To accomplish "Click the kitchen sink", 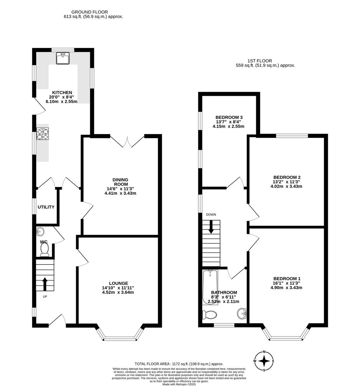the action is click(63, 58).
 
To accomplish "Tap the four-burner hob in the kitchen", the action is click(43, 134).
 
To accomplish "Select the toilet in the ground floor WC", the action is click(44, 249).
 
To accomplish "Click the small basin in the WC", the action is click(40, 231).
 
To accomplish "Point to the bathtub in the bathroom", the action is click(210, 287).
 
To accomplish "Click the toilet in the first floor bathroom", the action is click(209, 315).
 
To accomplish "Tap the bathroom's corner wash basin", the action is click(242, 314).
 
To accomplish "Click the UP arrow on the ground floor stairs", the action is click(45, 284).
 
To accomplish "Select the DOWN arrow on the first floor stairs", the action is click(211, 227).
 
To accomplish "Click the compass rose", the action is click(264, 361).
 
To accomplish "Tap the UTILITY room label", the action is click(46, 207).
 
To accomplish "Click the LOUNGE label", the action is click(118, 283).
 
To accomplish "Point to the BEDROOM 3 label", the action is click(227, 118).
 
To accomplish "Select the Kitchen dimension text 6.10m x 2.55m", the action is click(62, 102).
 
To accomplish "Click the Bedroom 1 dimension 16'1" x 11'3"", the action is click(286, 283).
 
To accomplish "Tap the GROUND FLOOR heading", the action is click(89, 12).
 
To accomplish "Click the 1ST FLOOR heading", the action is click(260, 60).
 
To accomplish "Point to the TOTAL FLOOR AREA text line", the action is click(179, 363).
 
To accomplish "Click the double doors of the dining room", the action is click(127, 142).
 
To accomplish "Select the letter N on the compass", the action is click(264, 352).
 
